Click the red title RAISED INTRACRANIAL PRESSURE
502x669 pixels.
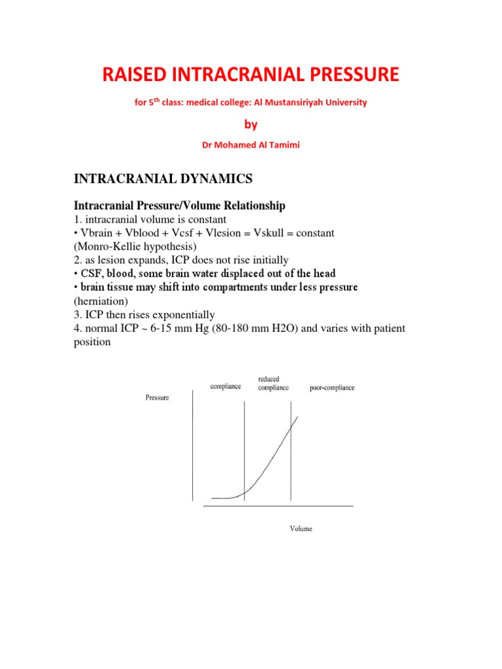tap(250, 75)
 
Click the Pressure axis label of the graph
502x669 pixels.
tap(157, 398)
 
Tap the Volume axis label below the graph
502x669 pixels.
tap(301, 529)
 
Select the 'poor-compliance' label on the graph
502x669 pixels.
tap(332, 387)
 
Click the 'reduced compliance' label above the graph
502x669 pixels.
tap(273, 383)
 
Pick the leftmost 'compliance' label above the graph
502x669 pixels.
tap(226, 386)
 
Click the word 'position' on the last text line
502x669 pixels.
tap(94, 342)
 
